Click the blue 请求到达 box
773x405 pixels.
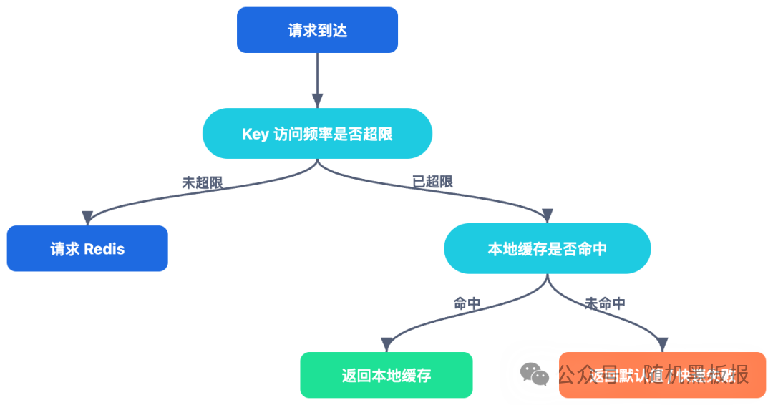coord(317,31)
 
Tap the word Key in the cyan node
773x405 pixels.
coord(256,135)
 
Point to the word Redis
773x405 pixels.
coord(104,250)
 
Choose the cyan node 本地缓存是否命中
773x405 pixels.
coord(547,250)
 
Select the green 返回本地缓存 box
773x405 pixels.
coord(386,376)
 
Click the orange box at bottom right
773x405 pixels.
coord(662,376)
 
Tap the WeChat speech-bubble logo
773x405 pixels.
coord(534,374)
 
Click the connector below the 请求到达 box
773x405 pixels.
coord(318,79)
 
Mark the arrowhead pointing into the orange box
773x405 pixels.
coord(661,346)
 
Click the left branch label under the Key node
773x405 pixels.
coord(193,185)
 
